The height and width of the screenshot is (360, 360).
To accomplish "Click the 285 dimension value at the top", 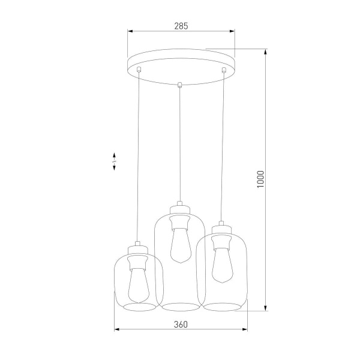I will coord(181,26).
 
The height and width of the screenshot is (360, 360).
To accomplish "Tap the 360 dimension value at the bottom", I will coord(181,324).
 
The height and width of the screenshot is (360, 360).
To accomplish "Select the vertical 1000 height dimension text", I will coord(260,179).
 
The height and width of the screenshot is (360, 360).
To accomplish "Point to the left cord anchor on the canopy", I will coord(139,70).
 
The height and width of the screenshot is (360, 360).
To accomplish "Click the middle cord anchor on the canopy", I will coord(179,84).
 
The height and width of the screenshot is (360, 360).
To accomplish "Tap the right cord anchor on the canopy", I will coord(224,71).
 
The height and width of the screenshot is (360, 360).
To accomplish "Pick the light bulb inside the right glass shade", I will coord(221,264).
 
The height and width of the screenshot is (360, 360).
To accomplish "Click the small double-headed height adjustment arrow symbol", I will coord(114,163).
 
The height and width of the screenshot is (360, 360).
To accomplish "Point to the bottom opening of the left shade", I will coord(139,307).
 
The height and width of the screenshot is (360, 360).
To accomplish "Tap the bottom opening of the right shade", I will coord(221,307).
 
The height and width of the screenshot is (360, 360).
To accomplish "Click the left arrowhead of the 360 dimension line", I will coord(116,329).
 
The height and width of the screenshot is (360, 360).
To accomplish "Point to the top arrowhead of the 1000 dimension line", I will coord(266,51).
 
